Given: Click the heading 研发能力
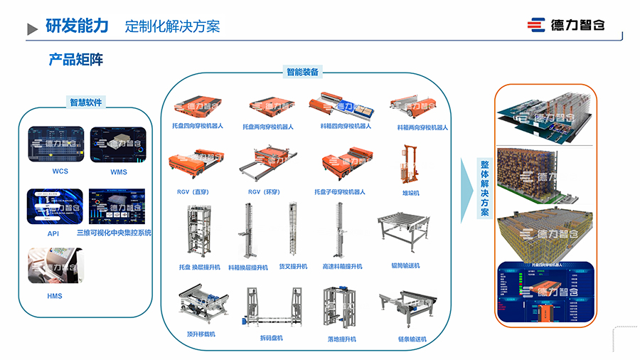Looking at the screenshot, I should click(x=77, y=26).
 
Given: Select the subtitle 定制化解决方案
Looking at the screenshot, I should click(x=172, y=27).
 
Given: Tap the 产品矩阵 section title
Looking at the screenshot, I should click(x=76, y=60).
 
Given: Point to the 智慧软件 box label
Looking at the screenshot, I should click(x=85, y=102).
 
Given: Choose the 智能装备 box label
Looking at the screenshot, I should click(x=302, y=72).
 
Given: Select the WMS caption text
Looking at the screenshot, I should click(x=118, y=172).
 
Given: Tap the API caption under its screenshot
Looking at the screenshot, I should click(x=53, y=233).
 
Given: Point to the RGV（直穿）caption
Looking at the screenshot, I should click(x=193, y=192).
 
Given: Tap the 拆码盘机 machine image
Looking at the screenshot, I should click(x=271, y=307).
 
